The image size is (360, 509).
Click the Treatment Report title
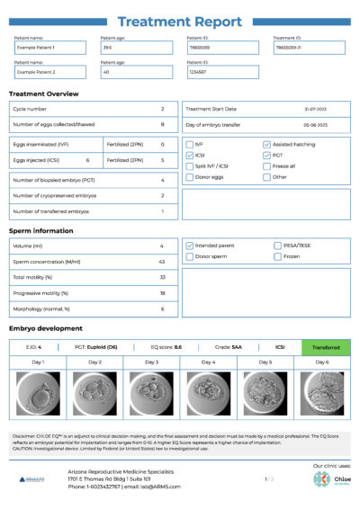(x=179, y=22)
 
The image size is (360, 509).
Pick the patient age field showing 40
(x=135, y=71)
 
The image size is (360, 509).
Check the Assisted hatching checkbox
(x=267, y=144)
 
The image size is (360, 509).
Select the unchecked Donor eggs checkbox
(x=189, y=177)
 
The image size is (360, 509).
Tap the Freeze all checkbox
(x=267, y=165)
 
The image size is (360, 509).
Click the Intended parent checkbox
(x=189, y=245)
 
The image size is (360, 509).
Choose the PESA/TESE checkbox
(x=267, y=245)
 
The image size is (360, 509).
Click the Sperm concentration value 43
(x=162, y=261)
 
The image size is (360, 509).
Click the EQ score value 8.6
(x=177, y=346)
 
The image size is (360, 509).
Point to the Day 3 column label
(x=151, y=362)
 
